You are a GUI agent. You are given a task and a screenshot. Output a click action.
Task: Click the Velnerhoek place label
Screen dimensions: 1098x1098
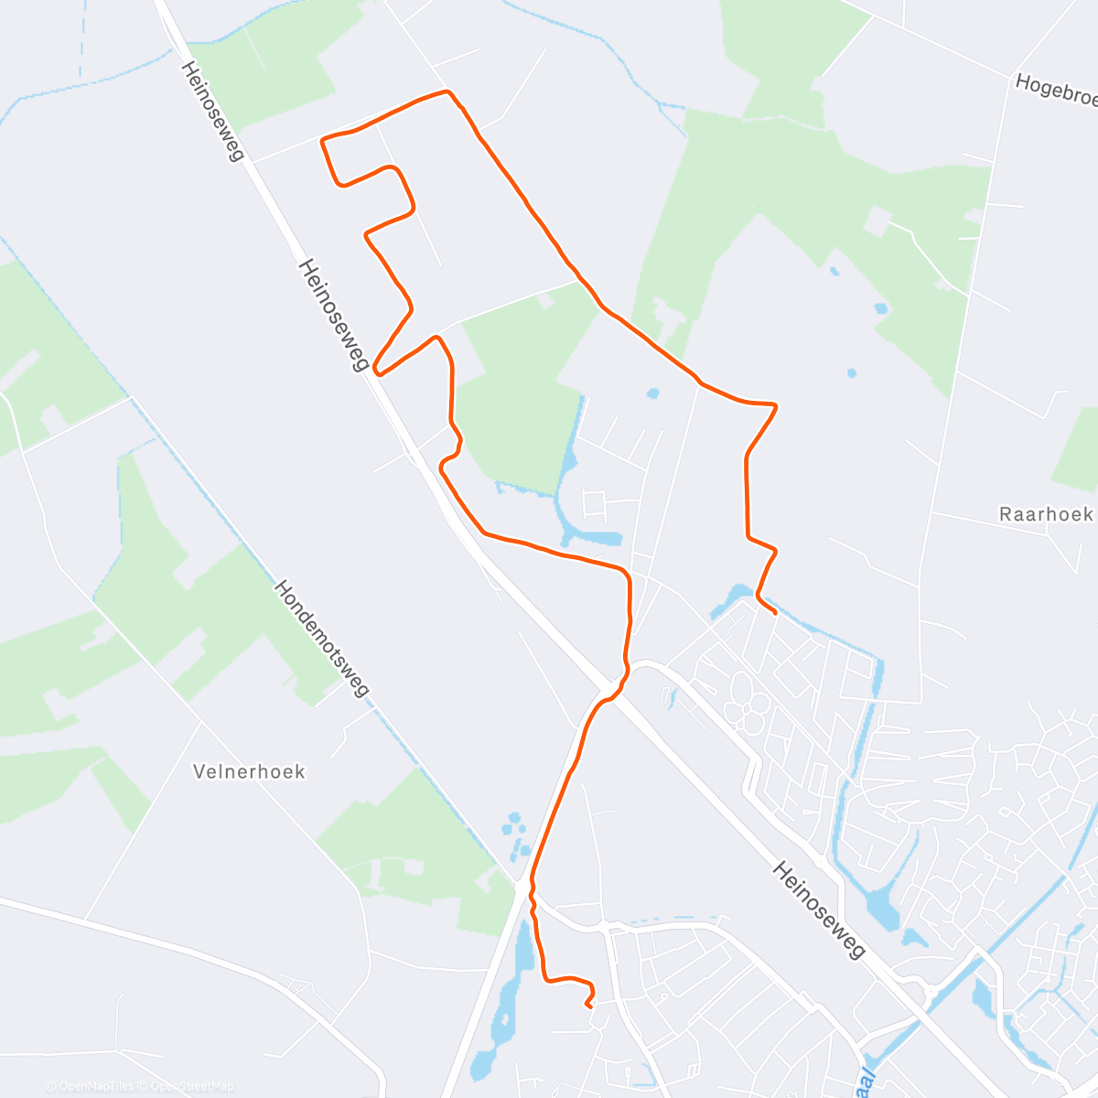[x=249, y=771]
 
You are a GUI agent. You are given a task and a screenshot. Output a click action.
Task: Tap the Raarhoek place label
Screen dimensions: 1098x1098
[x=1045, y=514]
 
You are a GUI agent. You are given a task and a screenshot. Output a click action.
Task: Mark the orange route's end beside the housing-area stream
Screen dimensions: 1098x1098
[x=776, y=612]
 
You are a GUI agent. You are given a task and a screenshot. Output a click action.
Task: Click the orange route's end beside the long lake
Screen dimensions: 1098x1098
[x=587, y=1006]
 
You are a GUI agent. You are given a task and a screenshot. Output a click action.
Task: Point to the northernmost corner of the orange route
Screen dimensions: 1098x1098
[x=447, y=91]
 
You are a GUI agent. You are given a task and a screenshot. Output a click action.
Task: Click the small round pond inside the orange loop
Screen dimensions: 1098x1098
[x=652, y=394]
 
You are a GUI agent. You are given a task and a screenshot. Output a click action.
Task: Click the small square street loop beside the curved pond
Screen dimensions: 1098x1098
[x=595, y=502]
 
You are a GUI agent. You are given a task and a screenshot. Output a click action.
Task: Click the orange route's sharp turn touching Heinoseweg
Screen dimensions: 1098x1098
[x=377, y=371]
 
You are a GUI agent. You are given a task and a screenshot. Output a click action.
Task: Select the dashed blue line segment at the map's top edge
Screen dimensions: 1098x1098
[x=80, y=37]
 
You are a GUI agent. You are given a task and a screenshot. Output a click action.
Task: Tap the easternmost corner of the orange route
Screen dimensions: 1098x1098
[x=776, y=404]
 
